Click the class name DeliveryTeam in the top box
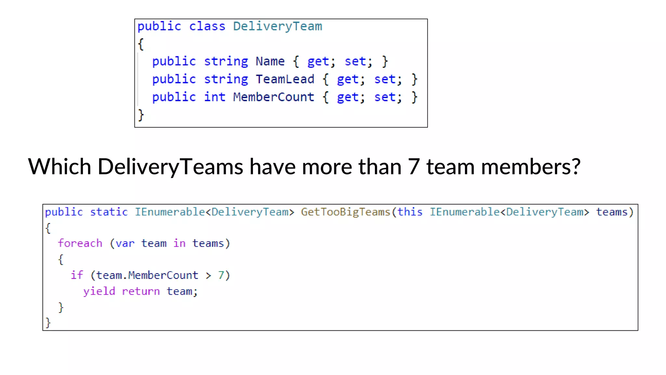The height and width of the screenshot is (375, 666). click(x=277, y=26)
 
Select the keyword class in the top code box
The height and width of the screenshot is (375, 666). click(x=207, y=26)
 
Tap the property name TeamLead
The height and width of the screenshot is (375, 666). click(x=285, y=79)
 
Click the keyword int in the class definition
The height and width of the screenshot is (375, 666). click(x=215, y=97)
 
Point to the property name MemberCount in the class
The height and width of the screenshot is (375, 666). click(x=273, y=97)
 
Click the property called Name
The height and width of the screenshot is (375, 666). click(x=270, y=62)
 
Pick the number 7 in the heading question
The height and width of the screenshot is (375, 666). click(x=413, y=167)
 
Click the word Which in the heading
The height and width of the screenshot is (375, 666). click(x=60, y=167)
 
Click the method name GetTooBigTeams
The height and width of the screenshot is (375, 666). click(x=345, y=212)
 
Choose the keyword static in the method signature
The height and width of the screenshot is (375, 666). click(x=109, y=212)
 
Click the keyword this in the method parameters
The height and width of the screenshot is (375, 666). click(x=410, y=212)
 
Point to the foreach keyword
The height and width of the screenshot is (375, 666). click(x=80, y=243)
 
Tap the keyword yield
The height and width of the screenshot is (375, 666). click(x=99, y=291)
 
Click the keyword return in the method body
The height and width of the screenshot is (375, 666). click(x=140, y=291)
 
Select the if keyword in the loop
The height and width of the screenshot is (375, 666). click(x=77, y=275)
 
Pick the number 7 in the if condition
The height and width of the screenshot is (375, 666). click(x=221, y=275)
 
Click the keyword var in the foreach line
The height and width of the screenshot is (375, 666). click(x=125, y=243)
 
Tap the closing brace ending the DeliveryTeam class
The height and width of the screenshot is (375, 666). click(x=141, y=115)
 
